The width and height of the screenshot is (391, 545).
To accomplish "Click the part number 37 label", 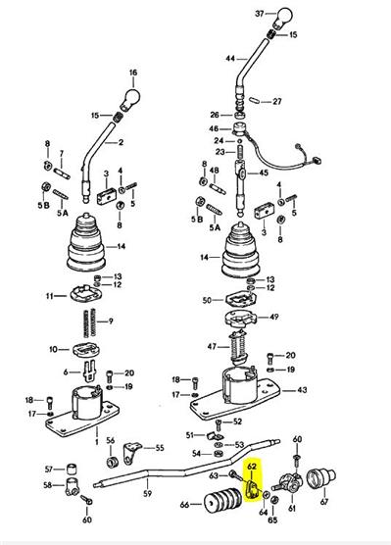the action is click(x=260, y=14).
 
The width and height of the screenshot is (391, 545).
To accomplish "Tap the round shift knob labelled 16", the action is click(x=131, y=99).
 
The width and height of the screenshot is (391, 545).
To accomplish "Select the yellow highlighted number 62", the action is click(x=251, y=466).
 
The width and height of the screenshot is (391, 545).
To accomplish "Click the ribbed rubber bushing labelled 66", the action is click(x=223, y=502).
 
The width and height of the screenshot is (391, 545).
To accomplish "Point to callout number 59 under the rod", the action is click(x=147, y=493).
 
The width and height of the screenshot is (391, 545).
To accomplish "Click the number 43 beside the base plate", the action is click(x=302, y=390).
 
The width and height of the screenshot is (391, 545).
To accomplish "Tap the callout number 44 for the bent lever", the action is click(x=230, y=59).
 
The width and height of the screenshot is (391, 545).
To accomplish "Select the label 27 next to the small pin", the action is click(x=277, y=102).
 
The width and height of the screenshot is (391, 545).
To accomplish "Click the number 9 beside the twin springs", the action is click(x=111, y=321).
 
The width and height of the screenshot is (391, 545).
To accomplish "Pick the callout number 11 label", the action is click(x=50, y=296).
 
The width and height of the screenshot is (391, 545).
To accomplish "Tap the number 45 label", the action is click(x=264, y=173).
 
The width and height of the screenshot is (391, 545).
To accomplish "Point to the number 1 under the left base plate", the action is click(x=97, y=442).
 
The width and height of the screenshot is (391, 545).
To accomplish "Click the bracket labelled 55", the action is click(x=130, y=453).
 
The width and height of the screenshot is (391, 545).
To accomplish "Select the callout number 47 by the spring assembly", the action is click(x=212, y=347).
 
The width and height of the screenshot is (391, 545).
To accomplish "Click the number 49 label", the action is click(x=273, y=317).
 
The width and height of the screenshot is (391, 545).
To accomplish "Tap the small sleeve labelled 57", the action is click(x=72, y=470).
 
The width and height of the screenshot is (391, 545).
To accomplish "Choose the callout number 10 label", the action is click(x=53, y=349).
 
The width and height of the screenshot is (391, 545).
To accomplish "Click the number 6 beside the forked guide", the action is click(x=66, y=372).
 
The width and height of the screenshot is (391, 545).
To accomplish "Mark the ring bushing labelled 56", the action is click(x=112, y=463).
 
